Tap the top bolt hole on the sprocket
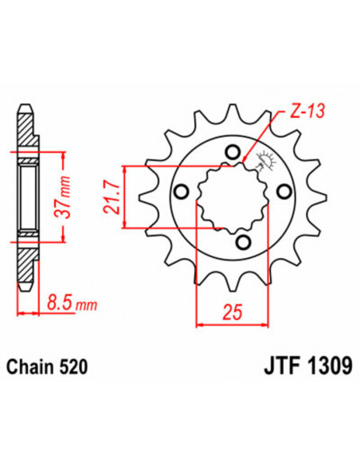tap(232, 152)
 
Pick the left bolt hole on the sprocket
tap(182, 190)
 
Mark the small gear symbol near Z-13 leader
tap(264, 160)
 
